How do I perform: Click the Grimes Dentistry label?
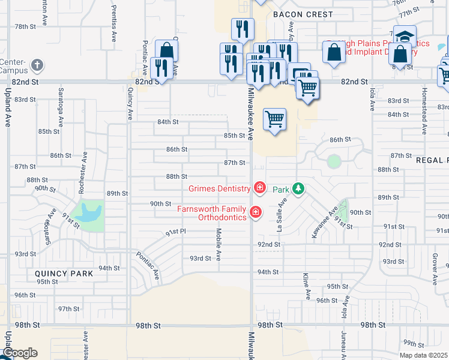[219, 188]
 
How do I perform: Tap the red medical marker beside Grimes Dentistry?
[260, 188]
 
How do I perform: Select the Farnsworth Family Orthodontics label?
[212, 213]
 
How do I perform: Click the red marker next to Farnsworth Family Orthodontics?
[256, 212]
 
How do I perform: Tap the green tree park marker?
[298, 189]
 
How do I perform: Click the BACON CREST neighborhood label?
[294, 14]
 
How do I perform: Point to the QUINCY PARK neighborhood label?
[64, 274]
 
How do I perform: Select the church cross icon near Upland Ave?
[37, 65]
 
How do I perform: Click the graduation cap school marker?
[405, 35]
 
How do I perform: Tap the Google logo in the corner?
[20, 353]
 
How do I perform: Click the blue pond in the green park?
[89, 211]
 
